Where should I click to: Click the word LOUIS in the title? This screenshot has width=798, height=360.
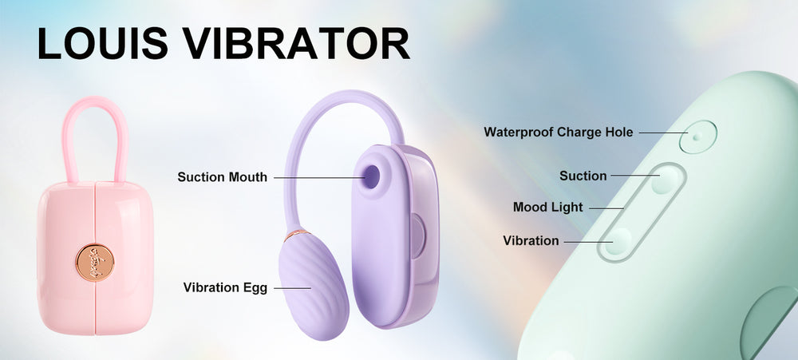point(103,43)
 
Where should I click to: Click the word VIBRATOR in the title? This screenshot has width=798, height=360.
point(297,43)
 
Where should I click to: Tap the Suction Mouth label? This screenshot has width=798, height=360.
point(223,177)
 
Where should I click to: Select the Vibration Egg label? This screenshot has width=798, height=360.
point(226,287)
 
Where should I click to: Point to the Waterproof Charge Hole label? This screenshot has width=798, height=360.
point(559,133)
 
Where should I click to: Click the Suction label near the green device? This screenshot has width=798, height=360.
point(583,176)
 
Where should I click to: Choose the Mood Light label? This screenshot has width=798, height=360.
point(548,208)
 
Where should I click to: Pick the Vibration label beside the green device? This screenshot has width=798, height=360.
point(531,240)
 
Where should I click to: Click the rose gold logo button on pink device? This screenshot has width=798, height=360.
point(95,263)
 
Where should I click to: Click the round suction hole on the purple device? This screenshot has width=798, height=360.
point(372,176)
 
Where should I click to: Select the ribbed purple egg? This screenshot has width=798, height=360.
point(313,285)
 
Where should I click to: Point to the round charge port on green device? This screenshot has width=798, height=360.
point(697,136)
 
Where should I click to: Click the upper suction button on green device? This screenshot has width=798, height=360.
point(666,180)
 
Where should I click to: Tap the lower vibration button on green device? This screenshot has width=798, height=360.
point(619,241)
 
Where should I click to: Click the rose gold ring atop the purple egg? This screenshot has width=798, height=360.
point(296,235)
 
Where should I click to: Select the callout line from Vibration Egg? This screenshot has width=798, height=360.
point(293,288)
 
